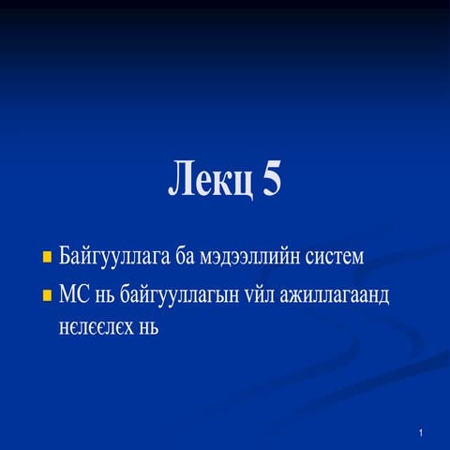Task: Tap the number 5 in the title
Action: coord(270,178)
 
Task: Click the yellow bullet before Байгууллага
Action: coord(47,255)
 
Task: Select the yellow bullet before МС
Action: coord(47,296)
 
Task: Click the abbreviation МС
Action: coord(73,296)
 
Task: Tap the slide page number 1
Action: coord(424,433)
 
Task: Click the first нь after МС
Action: coord(105,296)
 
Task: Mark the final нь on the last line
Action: coord(148,328)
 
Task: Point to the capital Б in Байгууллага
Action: coord(64,254)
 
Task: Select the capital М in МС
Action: coord(67,296)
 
